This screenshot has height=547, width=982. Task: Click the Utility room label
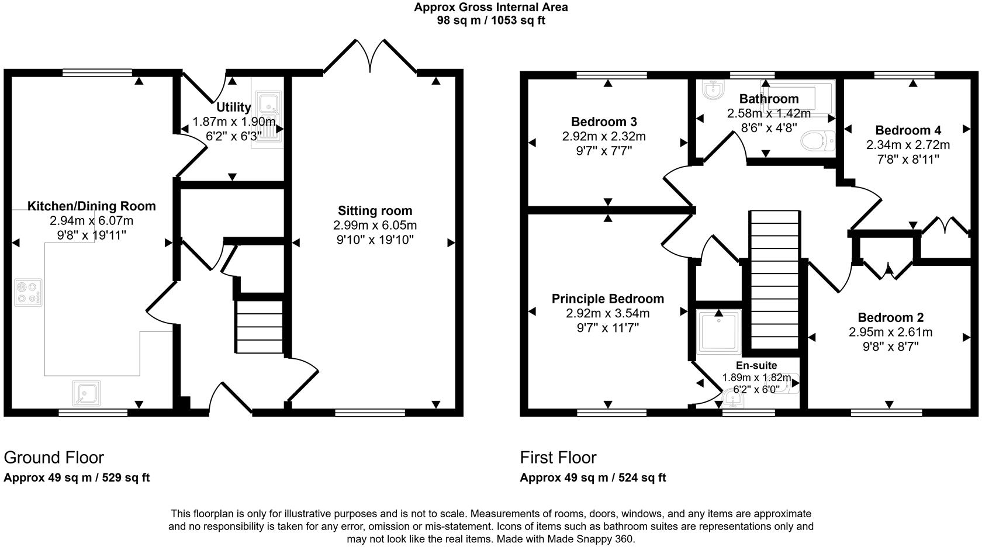[x=234, y=108]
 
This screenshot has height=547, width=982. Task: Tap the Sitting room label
[x=375, y=211]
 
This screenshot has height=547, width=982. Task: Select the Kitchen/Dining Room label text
[x=92, y=206]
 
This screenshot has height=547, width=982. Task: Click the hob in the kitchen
[x=28, y=293]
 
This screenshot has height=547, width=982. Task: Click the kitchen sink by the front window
[x=87, y=393]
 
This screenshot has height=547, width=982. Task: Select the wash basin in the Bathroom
[x=712, y=89]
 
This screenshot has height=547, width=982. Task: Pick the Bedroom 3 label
[x=604, y=122]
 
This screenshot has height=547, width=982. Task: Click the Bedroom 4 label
[x=908, y=130]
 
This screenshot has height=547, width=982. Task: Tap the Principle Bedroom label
[x=608, y=299]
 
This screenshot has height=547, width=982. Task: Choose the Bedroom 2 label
[x=890, y=318]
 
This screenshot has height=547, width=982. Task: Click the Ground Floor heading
[x=54, y=458]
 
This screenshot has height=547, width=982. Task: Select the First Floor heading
[x=558, y=458]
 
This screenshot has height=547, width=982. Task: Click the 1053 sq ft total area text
[x=518, y=20]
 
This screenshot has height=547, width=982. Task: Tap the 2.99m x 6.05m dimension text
[x=375, y=226]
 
